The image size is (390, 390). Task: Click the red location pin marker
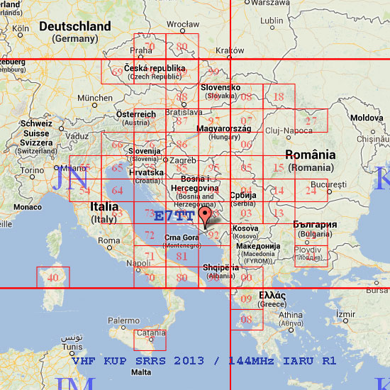coord(206,215)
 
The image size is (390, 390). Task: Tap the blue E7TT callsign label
coord(174,216)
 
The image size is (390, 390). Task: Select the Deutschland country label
coord(74,27)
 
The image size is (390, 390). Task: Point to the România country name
coord(310,155)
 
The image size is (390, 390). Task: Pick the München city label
coord(95,98)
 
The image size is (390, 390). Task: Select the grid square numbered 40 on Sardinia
coord(52,277)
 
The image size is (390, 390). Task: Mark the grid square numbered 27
coord(311,121)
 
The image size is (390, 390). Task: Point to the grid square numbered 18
coord(279,96)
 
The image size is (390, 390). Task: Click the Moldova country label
coord(367,117)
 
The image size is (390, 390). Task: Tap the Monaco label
coord(27,207)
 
